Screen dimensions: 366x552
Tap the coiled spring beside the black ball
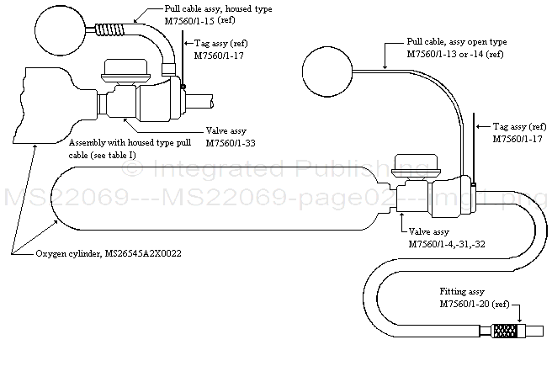coord(108,34)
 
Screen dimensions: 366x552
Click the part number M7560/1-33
coord(232,143)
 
